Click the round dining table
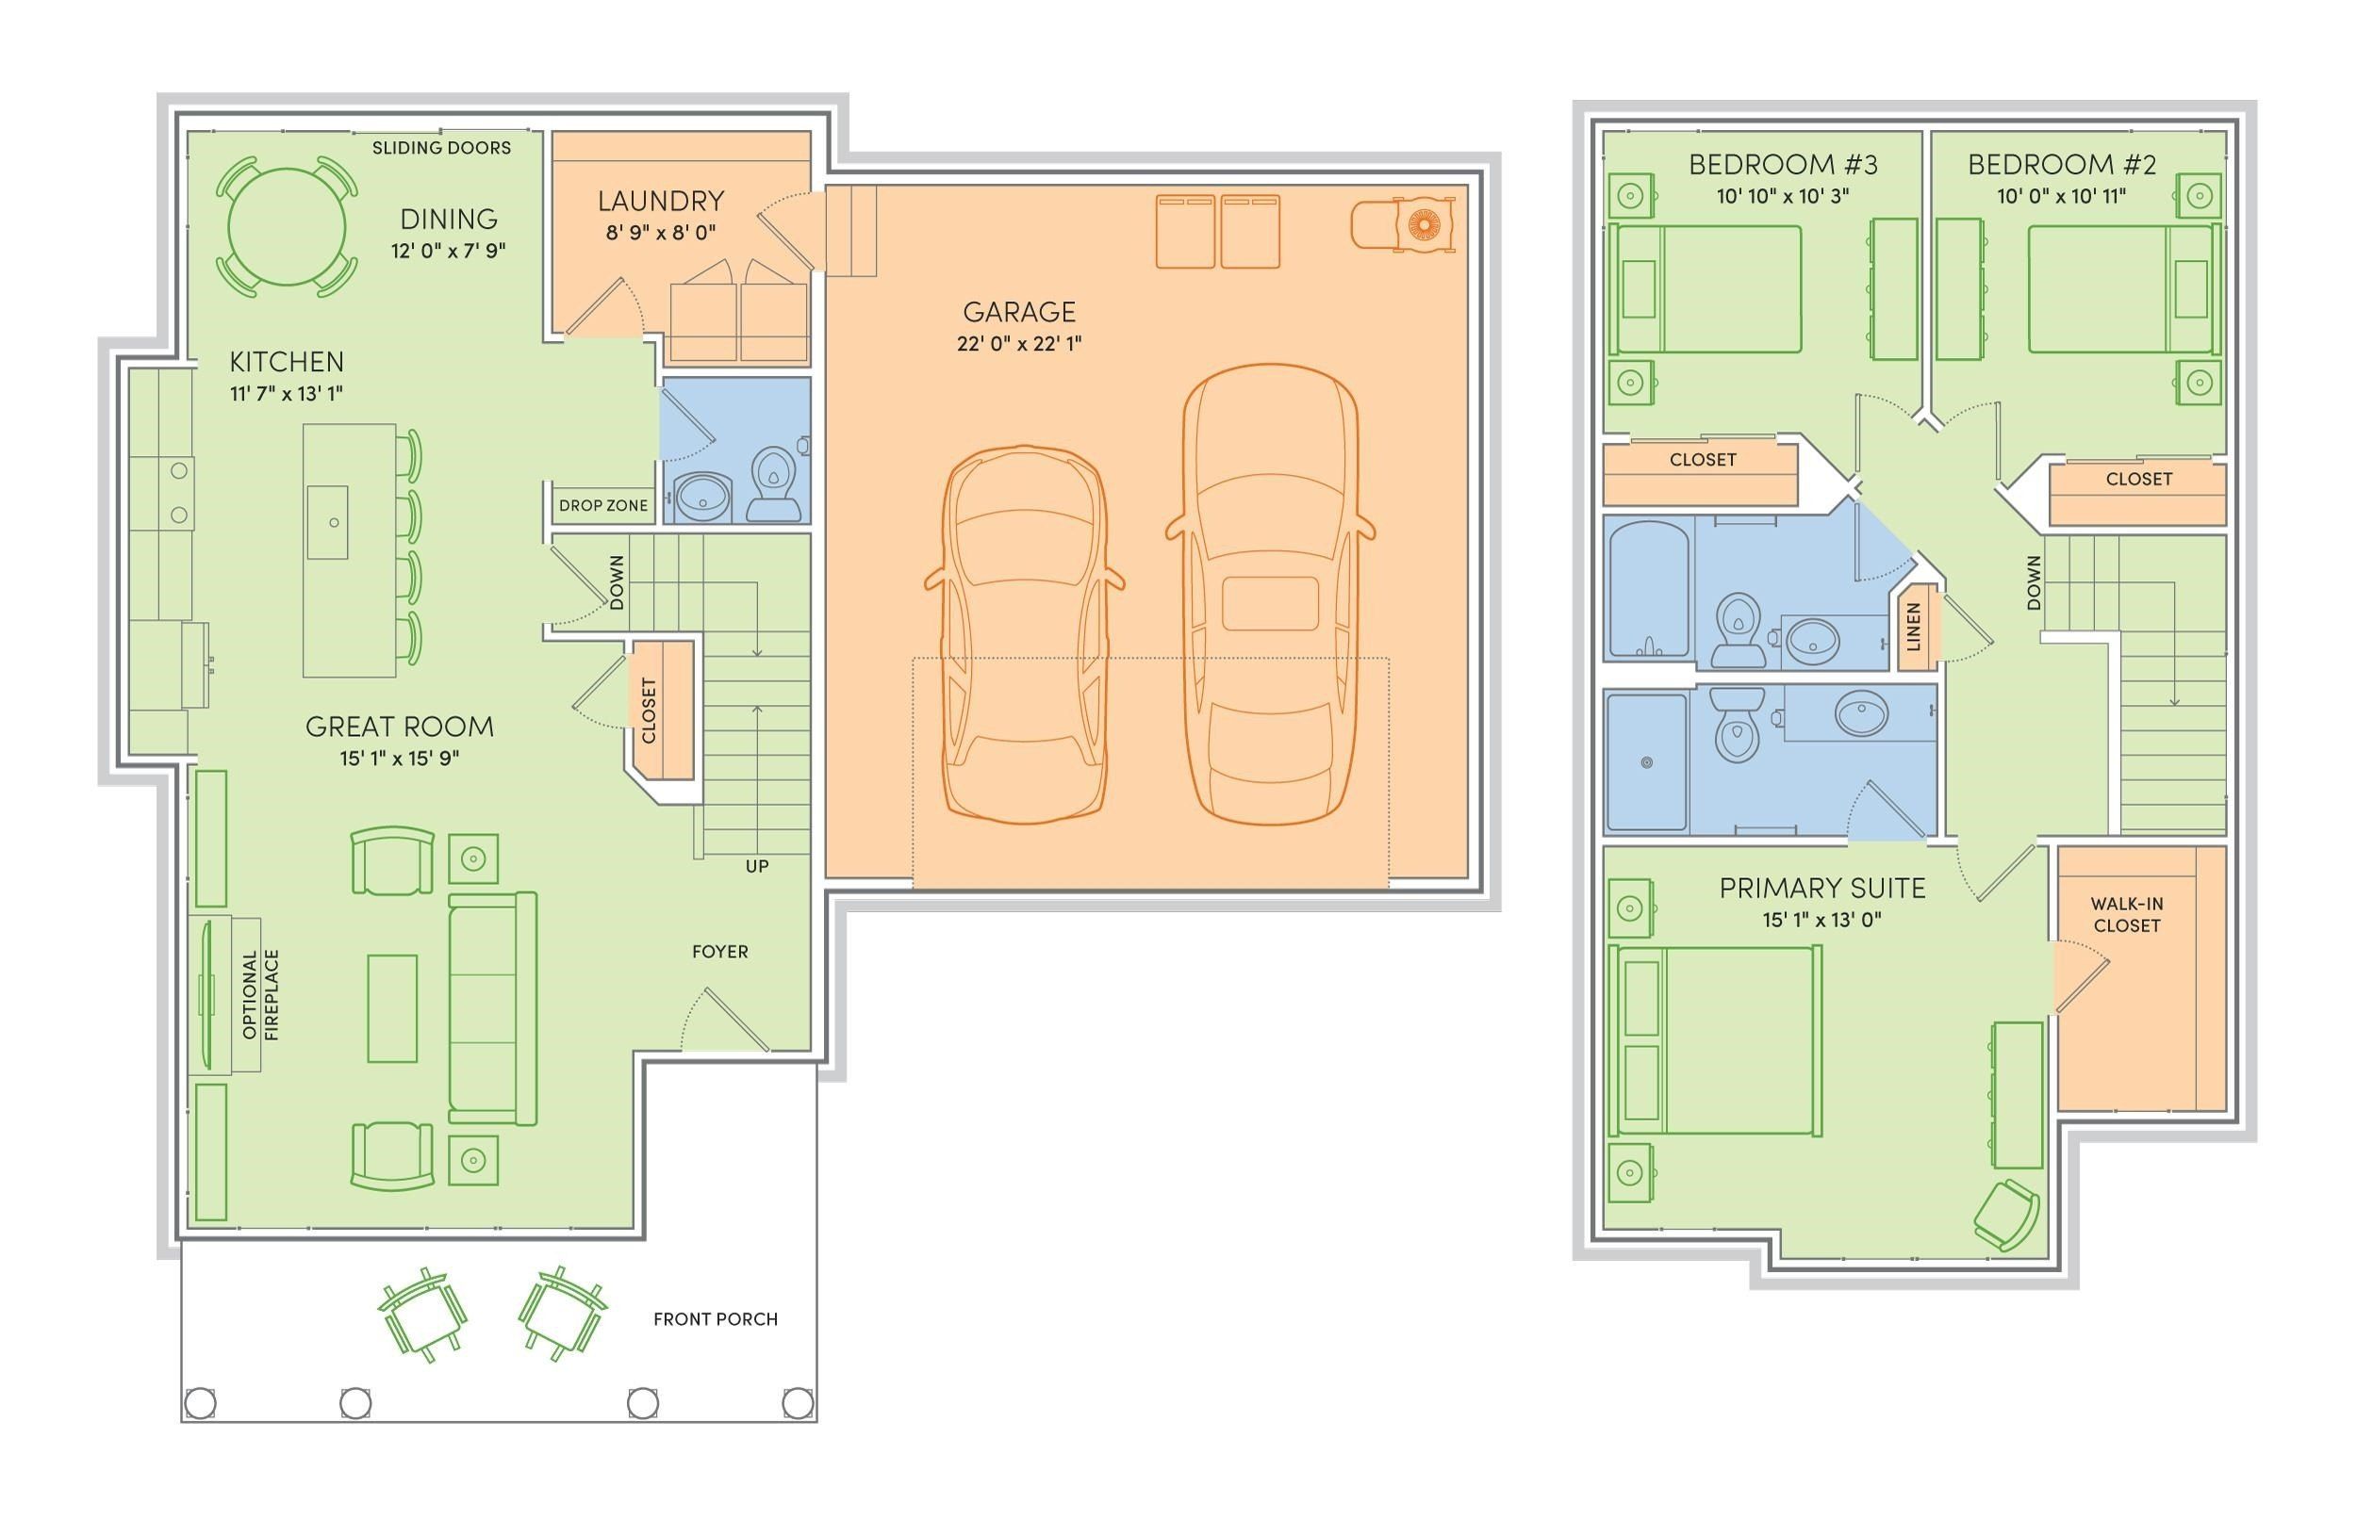pyautogui.click(x=287, y=226)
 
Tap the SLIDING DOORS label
pyautogui.click(x=441, y=148)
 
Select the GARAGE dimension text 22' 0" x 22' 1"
pyautogui.click(x=1018, y=343)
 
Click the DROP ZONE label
pyautogui.click(x=602, y=505)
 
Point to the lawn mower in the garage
pyautogui.click(x=1402, y=225)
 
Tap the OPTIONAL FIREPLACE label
pyautogui.click(x=260, y=995)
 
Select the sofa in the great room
pyautogui.click(x=492, y=1007)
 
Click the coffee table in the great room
pyautogui.click(x=392, y=1007)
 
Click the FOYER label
pyautogui.click(x=720, y=952)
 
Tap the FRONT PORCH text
pyautogui.click(x=715, y=1318)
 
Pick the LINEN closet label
pyautogui.click(x=1914, y=628)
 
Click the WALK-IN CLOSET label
pyautogui.click(x=2126, y=915)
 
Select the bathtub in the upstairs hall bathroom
pyautogui.click(x=1648, y=590)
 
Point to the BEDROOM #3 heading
pyautogui.click(x=1782, y=164)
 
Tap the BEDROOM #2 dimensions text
pyautogui.click(x=2061, y=195)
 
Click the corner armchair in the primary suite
pyautogui.click(x=2005, y=1216)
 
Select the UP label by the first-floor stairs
pyautogui.click(x=756, y=866)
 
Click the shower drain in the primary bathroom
pyautogui.click(x=1646, y=762)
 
